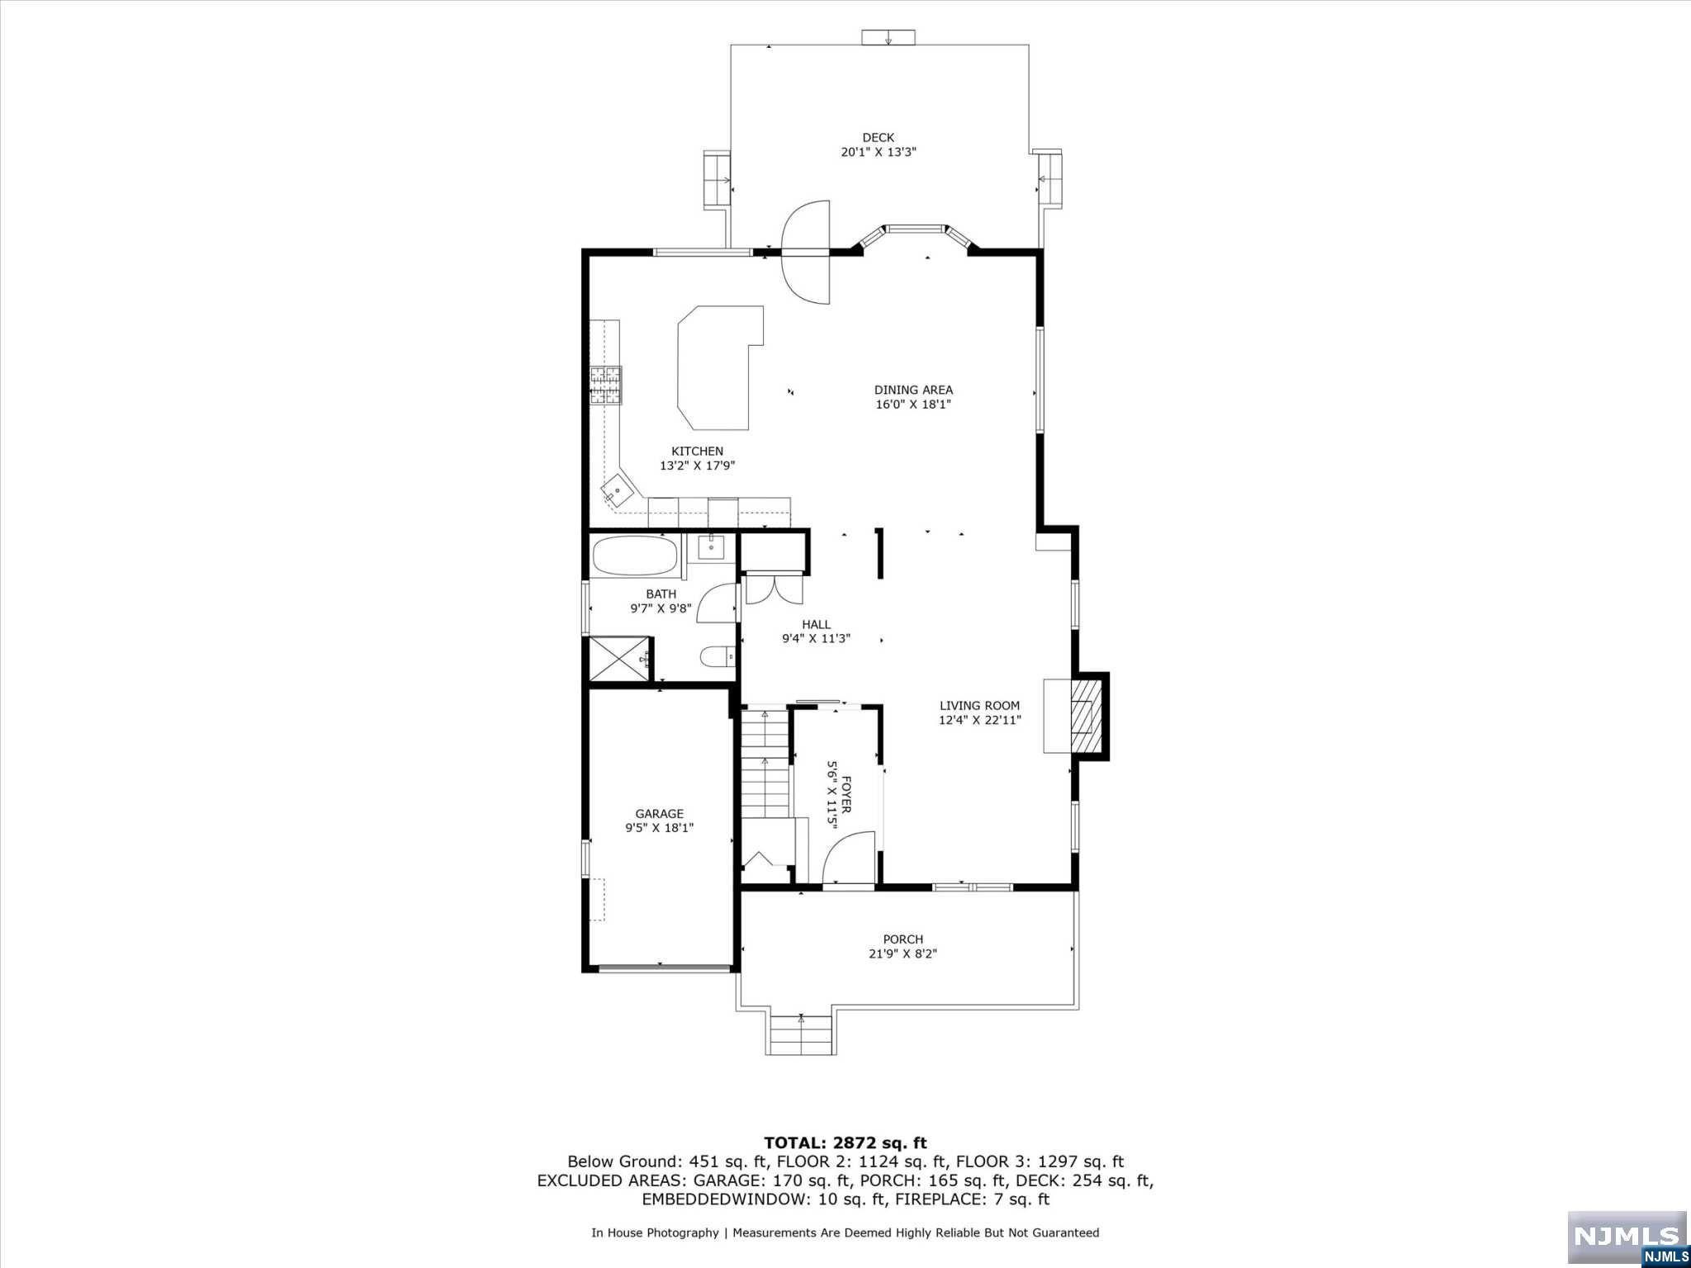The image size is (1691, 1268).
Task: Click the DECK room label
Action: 879,138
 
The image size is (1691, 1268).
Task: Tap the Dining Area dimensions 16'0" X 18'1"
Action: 913,405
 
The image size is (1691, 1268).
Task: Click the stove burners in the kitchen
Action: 605,386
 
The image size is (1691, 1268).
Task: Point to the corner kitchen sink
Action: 618,493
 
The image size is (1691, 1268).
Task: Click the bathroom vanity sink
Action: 711,546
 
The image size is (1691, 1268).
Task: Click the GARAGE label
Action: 659,814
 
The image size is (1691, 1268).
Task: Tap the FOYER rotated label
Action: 845,795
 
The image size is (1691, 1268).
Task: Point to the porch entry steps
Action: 800,1035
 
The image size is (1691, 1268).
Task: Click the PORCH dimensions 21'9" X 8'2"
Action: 902,953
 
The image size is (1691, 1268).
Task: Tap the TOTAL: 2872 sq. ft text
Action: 845,1143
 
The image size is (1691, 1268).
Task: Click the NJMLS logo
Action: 1627,1239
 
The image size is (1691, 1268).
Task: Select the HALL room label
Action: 816,624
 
